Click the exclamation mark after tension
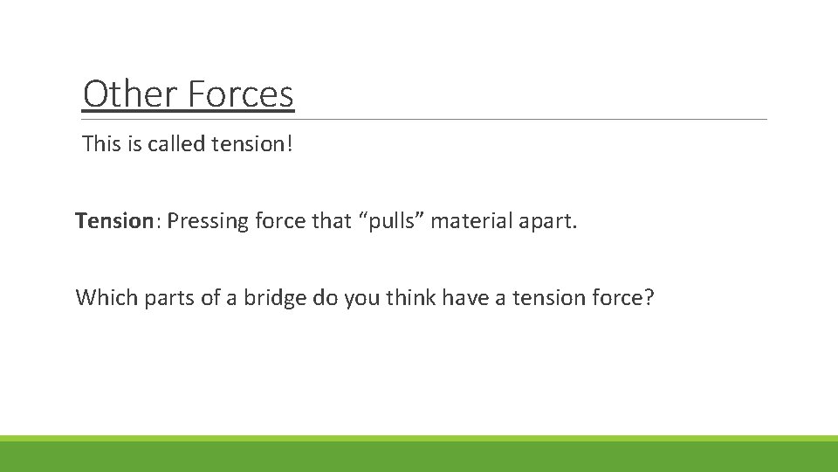[x=289, y=143]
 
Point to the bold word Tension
[x=113, y=221]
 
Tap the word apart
[x=549, y=222]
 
